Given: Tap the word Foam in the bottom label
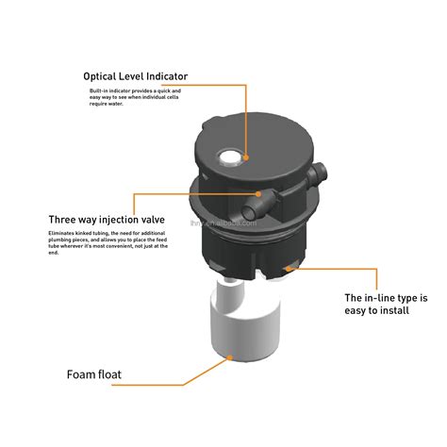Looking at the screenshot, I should [82, 374].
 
